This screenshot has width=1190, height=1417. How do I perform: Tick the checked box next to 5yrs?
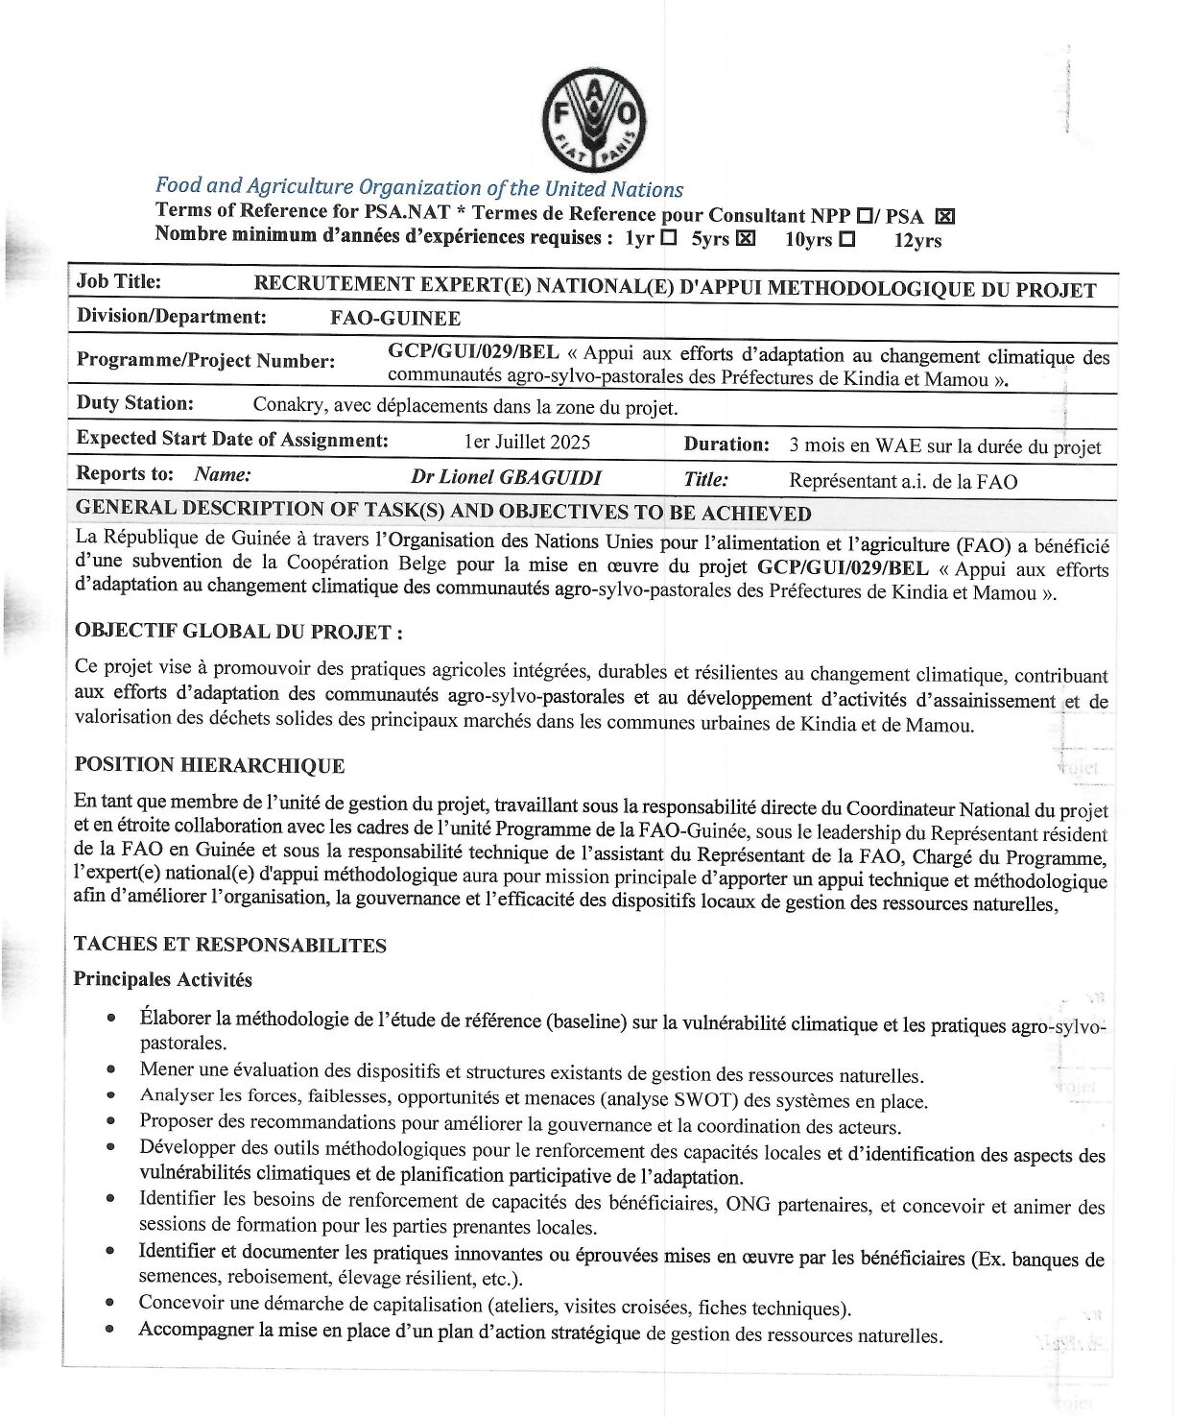(x=745, y=238)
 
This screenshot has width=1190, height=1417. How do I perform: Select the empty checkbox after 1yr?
(x=669, y=237)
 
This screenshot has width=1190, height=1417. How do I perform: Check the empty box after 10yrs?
(x=846, y=239)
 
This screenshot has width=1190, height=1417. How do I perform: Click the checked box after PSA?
(x=944, y=216)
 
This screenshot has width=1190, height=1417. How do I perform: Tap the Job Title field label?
(x=119, y=282)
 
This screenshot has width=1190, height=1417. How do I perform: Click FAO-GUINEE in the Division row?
(x=395, y=319)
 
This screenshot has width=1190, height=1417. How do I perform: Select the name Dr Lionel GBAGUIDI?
(x=506, y=477)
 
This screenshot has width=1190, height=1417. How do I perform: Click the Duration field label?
(x=726, y=444)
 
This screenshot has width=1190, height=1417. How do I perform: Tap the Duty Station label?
(x=134, y=403)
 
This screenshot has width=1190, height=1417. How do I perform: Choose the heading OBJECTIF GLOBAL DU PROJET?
(x=238, y=632)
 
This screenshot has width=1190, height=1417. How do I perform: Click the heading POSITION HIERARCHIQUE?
(x=209, y=765)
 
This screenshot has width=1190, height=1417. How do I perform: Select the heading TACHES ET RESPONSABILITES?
(x=229, y=945)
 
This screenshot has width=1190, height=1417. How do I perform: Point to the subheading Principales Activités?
(x=163, y=980)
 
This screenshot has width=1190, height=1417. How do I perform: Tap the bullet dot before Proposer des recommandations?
(x=112, y=1120)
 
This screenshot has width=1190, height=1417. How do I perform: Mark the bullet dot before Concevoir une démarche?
(x=111, y=1303)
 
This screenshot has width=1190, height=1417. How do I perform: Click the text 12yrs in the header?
(x=917, y=241)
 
